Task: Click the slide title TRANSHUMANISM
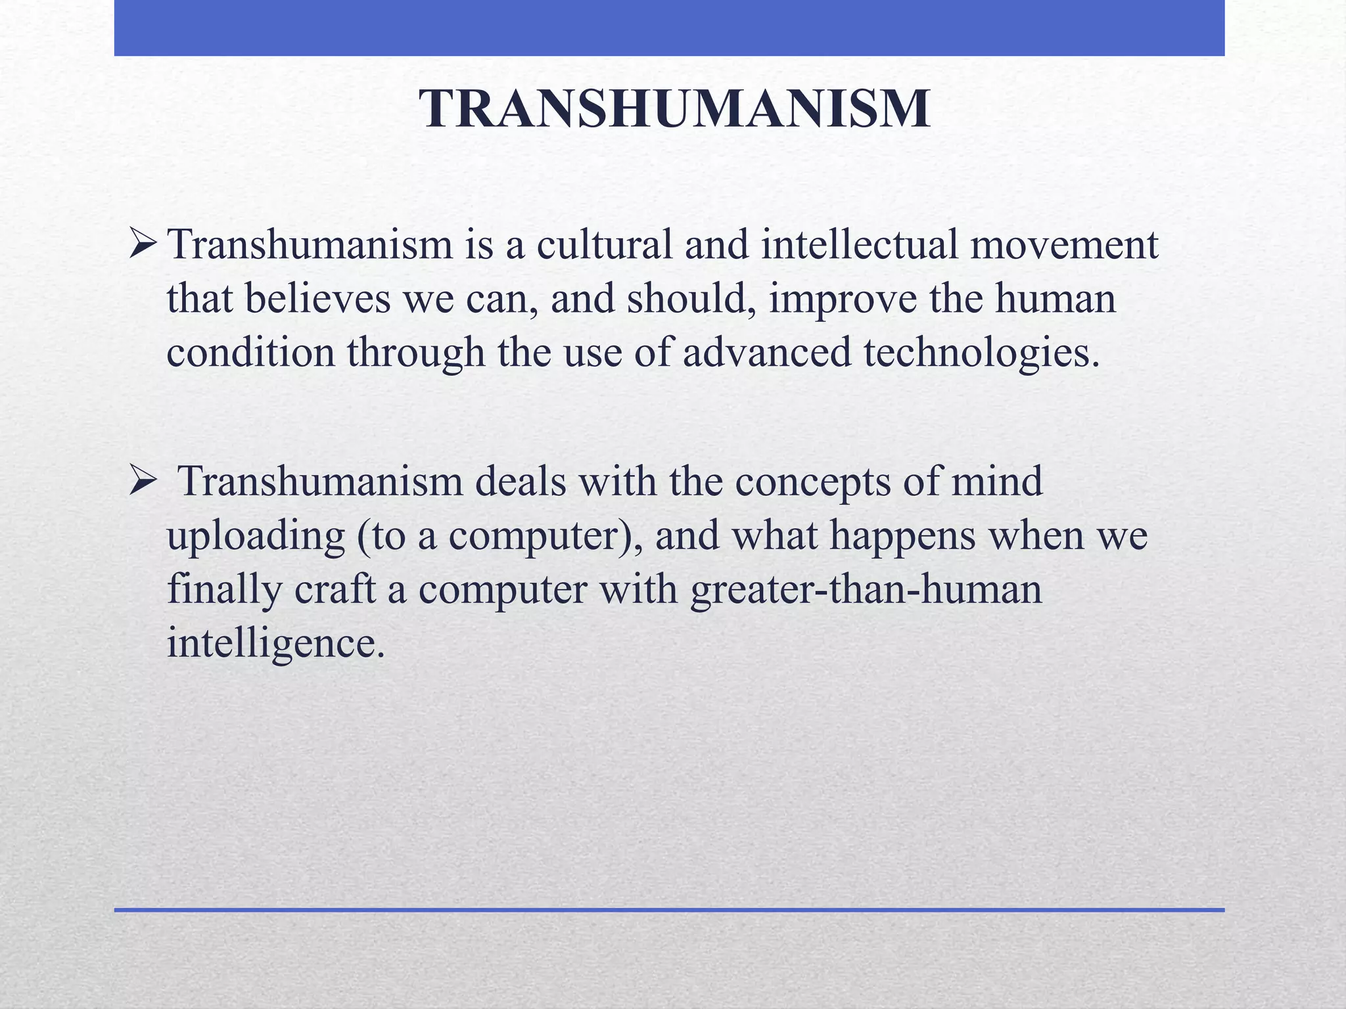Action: [x=674, y=109]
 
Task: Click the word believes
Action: [x=318, y=298]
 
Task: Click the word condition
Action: [x=250, y=352]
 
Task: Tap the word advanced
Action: [x=766, y=352]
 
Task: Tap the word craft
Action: [x=335, y=589]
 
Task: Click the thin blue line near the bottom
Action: [x=669, y=910]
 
